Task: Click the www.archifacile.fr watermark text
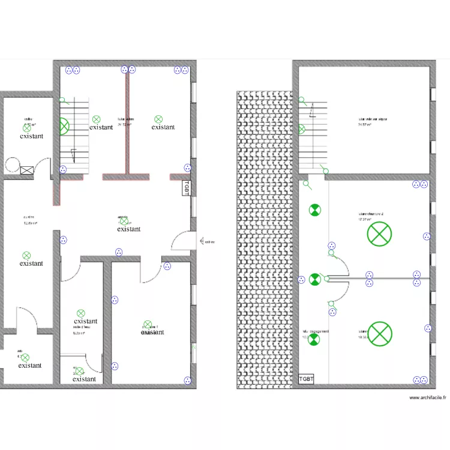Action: (x=427, y=398)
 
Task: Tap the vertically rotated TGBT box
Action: (x=187, y=188)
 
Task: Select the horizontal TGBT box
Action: (x=306, y=379)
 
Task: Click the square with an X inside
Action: (x=26, y=170)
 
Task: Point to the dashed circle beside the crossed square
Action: (x=12, y=164)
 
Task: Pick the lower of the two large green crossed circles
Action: (x=379, y=334)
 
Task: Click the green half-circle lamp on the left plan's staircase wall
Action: (x=64, y=127)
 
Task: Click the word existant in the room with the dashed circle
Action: (x=31, y=136)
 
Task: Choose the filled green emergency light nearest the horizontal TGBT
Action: (x=314, y=339)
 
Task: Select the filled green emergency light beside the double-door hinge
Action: (x=314, y=279)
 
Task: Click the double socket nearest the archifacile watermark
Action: (x=419, y=379)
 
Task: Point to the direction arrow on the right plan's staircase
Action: (x=311, y=110)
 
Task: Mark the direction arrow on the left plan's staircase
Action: (x=74, y=154)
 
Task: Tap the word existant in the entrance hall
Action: (x=129, y=229)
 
